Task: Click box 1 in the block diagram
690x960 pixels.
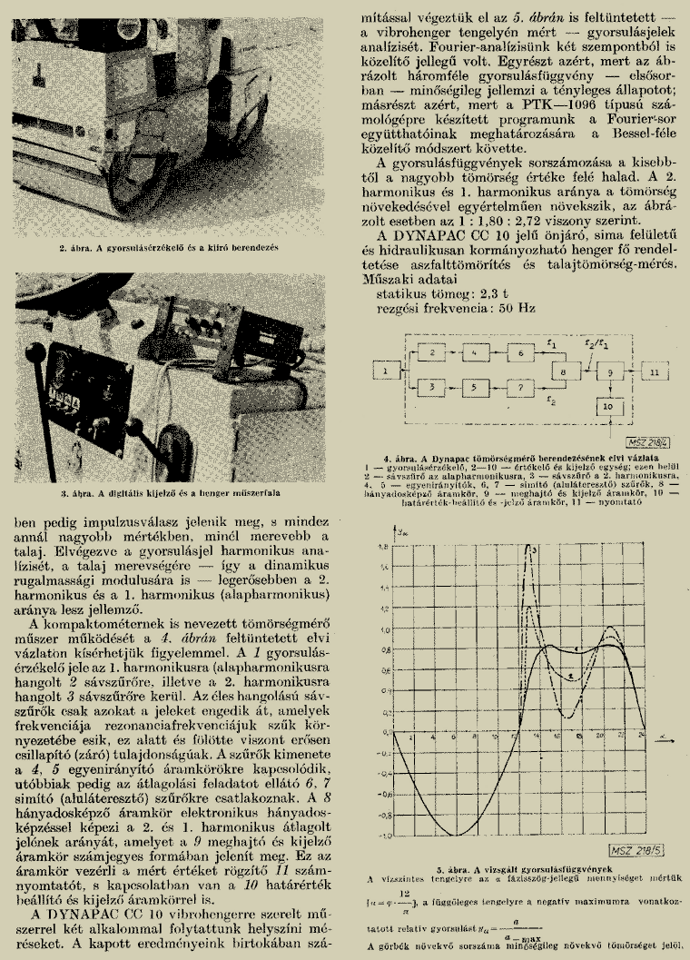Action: pos(386,371)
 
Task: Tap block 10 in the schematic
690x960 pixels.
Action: pos(609,408)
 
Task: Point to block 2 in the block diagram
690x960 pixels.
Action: pos(433,351)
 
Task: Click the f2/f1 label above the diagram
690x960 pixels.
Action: pos(592,344)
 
